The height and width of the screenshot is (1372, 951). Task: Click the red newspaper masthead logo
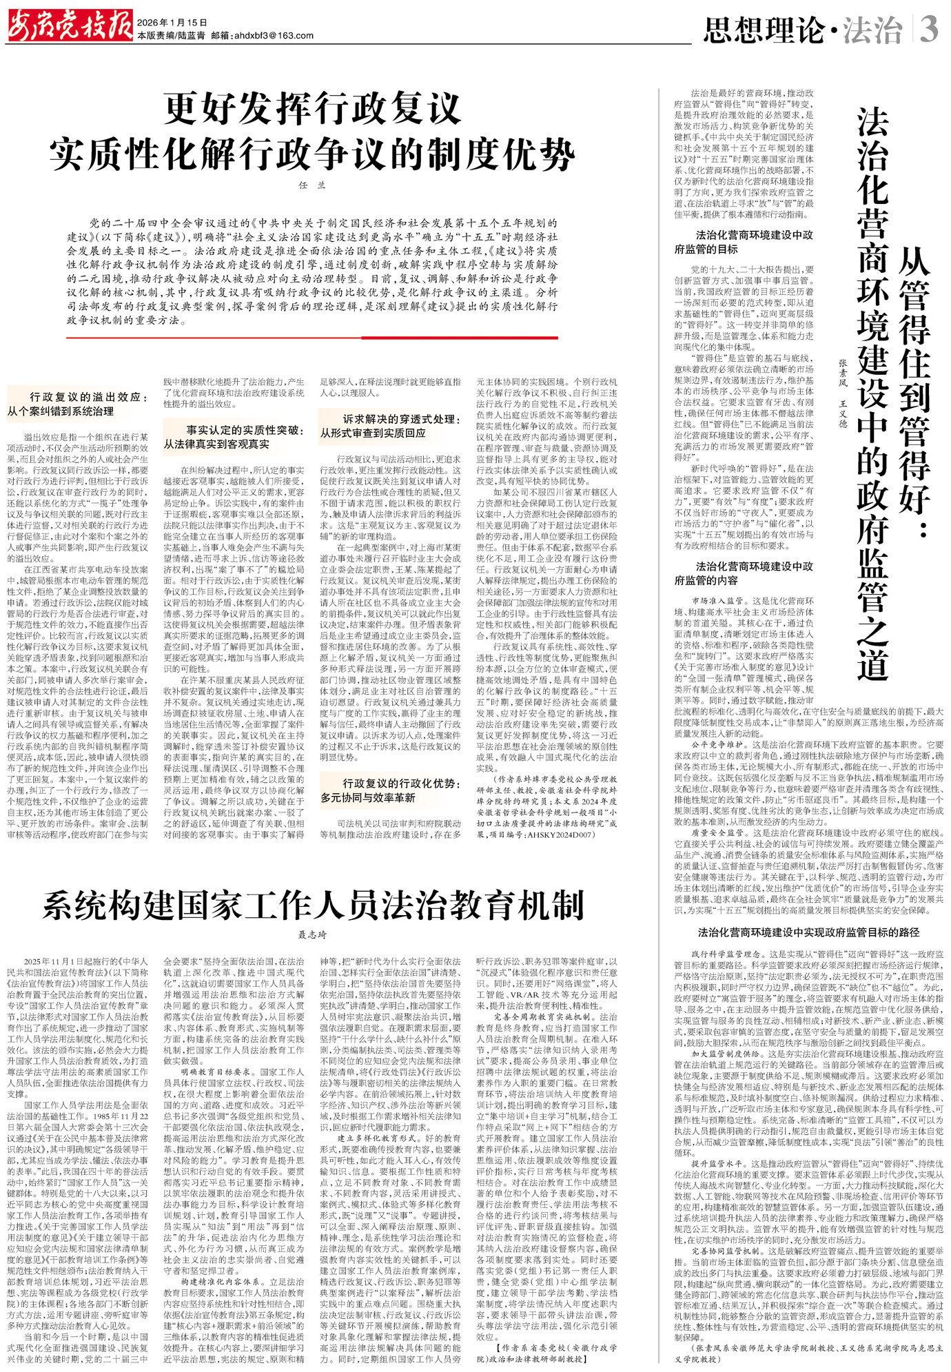tap(70, 27)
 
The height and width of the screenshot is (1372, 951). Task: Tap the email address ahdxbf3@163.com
tap(273, 36)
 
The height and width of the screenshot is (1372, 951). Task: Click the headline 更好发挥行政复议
tap(311, 109)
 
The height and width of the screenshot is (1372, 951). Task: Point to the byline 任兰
tap(311, 185)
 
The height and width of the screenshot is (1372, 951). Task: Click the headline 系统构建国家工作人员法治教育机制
tap(313, 905)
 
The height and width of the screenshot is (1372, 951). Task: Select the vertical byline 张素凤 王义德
tap(842, 393)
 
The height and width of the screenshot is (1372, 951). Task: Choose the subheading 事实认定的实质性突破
tap(234, 437)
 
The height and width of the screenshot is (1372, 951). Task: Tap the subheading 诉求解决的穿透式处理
tap(390, 425)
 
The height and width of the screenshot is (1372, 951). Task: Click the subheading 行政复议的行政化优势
tap(390, 790)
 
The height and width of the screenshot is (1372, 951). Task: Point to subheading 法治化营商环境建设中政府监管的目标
tap(744, 242)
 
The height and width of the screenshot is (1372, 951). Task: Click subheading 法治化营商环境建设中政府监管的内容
tap(744, 573)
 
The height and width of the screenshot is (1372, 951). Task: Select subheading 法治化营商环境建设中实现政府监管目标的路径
tap(808, 932)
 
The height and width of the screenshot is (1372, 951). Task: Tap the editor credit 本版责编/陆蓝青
tap(171, 36)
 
